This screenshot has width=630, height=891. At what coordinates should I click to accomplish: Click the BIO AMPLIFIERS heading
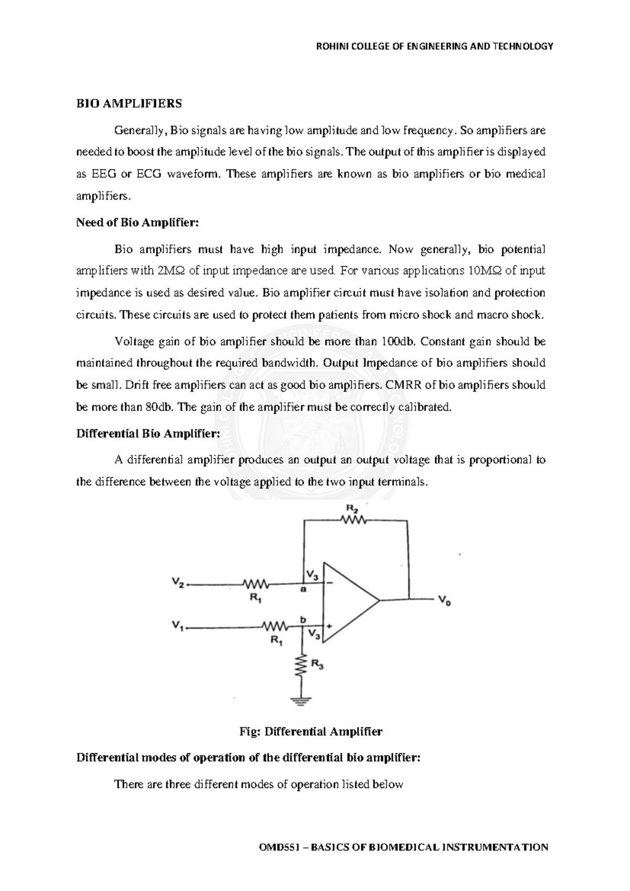(129, 103)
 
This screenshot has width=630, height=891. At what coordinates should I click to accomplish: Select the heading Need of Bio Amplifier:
(138, 222)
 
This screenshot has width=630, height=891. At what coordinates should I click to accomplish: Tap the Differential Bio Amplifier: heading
(148, 433)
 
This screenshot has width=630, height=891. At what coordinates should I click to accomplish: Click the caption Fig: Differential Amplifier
(311, 731)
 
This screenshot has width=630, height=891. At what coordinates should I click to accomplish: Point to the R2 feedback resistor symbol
(354, 520)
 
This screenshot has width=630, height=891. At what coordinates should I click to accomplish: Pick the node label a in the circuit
(302, 590)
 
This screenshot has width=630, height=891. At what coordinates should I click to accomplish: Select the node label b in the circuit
(302, 620)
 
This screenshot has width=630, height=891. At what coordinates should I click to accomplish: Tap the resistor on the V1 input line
(274, 626)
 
